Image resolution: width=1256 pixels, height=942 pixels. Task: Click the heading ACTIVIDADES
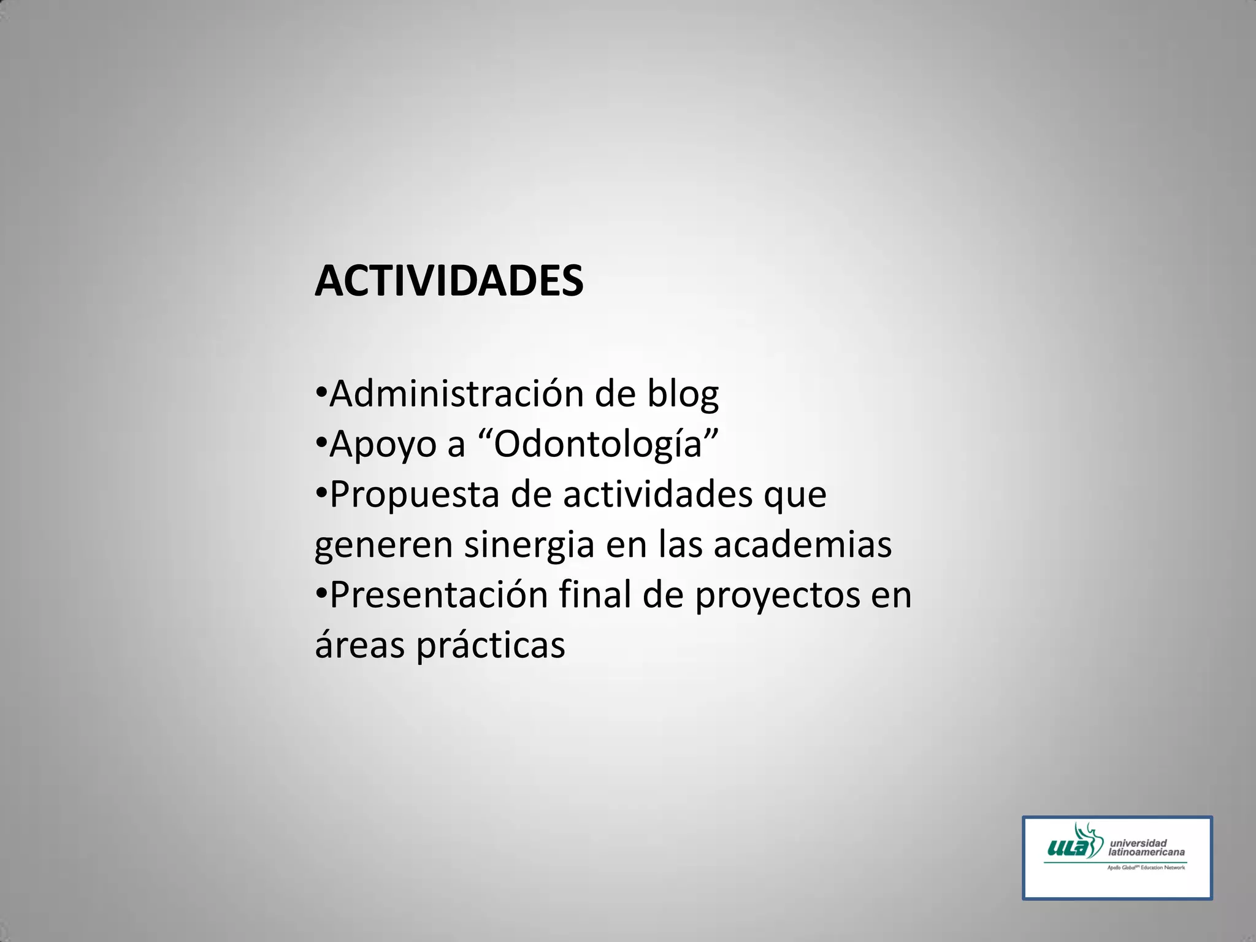[x=448, y=281]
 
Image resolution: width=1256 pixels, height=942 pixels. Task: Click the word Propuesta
[x=415, y=496]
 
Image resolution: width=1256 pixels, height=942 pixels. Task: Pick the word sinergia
[x=529, y=545]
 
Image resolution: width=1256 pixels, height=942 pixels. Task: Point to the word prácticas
[x=491, y=646]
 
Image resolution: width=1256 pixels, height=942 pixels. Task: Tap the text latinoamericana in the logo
[x=1146, y=852]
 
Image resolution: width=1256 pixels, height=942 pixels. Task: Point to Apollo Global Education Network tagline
[x=1146, y=868]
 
